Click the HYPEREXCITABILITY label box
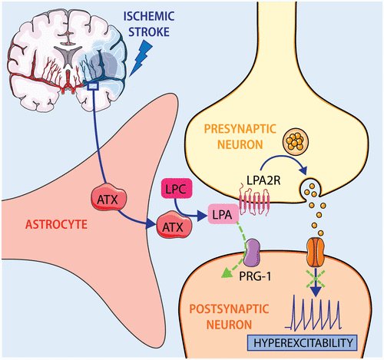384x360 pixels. point(302,342)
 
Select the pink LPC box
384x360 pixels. point(177,189)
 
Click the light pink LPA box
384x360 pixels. point(223,214)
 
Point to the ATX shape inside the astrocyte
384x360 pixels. point(109,197)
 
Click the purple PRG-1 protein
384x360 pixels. point(252,253)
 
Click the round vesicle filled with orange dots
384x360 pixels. point(296,141)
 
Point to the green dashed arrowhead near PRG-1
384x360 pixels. point(227,274)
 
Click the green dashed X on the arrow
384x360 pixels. point(316,279)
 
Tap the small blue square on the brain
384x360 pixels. point(93,86)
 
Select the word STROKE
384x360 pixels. point(149,32)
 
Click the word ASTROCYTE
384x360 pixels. point(57,224)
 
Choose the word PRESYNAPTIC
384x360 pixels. point(240,129)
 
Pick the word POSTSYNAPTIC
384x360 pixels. point(229,309)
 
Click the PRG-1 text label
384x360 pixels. point(255,276)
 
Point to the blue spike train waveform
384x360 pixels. point(313,312)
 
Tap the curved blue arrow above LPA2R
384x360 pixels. point(283,159)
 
